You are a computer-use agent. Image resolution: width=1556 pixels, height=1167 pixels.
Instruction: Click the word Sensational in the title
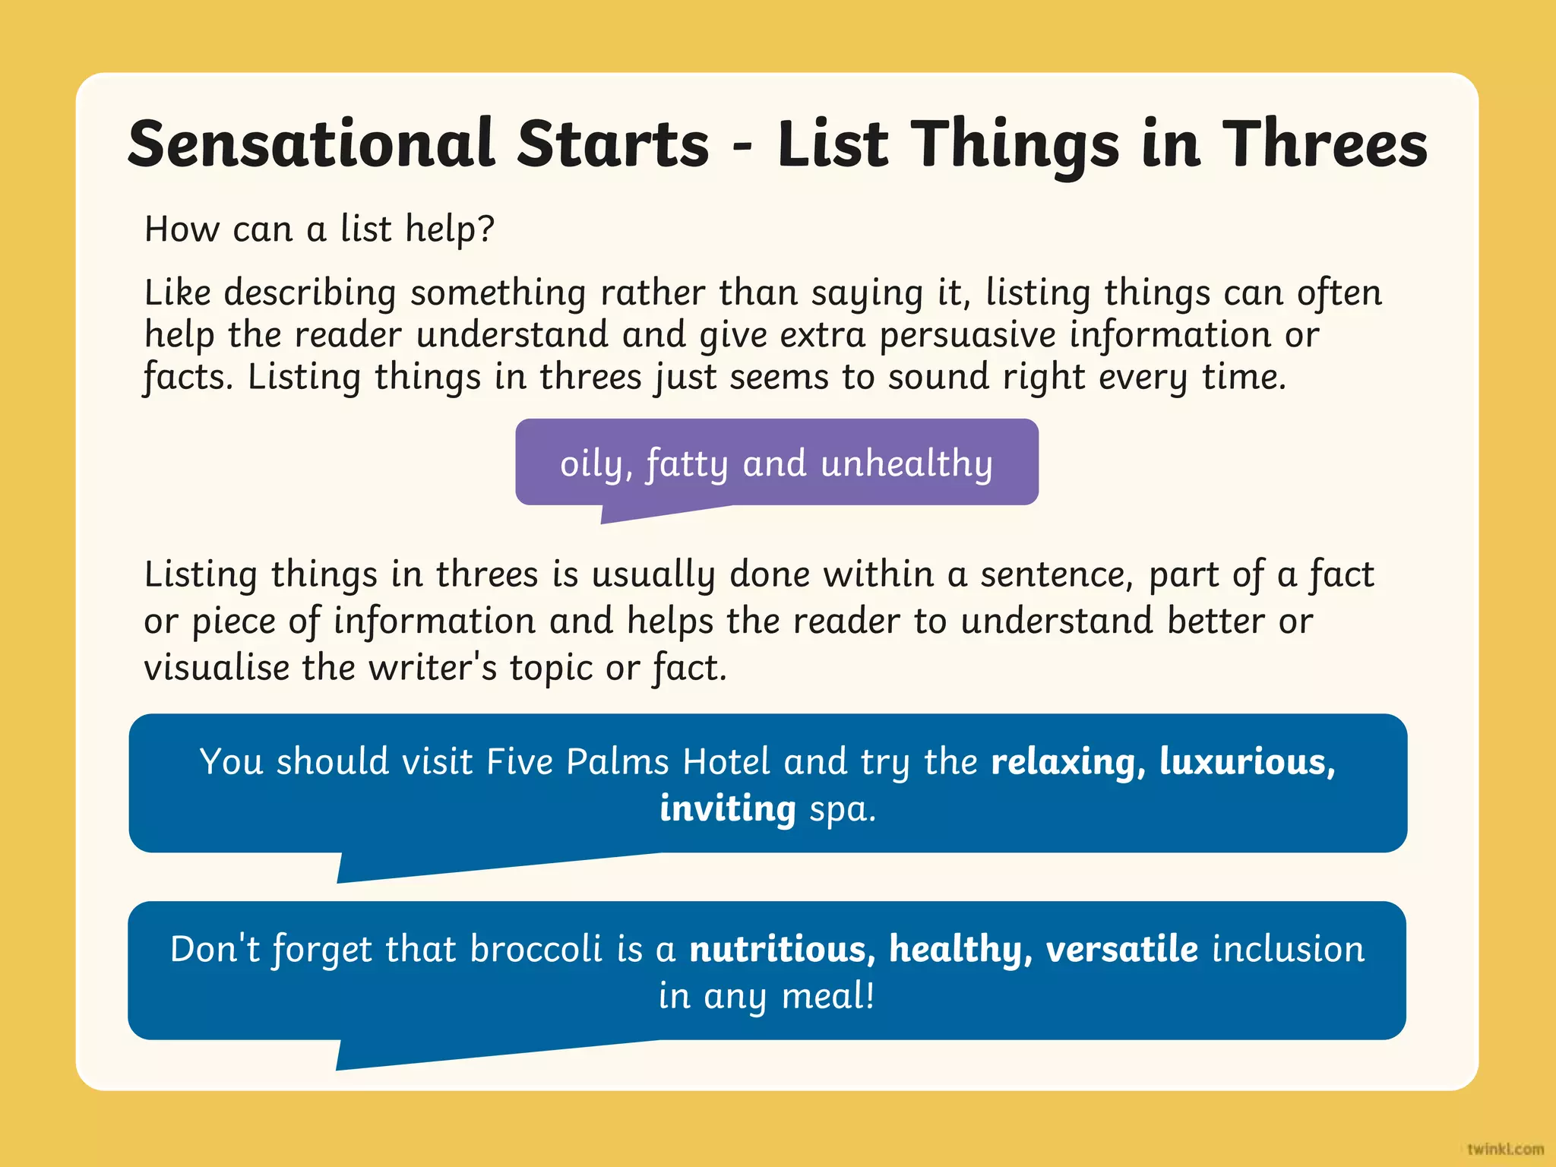tap(312, 144)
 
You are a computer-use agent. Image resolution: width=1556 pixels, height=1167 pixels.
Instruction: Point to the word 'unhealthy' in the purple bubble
tap(906, 463)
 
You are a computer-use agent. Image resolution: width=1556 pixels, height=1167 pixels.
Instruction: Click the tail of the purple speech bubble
tap(631, 514)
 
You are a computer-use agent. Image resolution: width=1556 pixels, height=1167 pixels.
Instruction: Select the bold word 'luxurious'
tap(1246, 762)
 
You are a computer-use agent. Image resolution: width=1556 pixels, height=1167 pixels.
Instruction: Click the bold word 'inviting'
tap(727, 808)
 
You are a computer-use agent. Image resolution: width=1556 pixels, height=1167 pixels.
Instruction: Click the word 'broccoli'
tap(536, 950)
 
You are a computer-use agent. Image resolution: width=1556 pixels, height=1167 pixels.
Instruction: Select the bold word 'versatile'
tap(1121, 950)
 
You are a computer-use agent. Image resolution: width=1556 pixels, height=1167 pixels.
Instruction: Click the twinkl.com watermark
tap(1504, 1149)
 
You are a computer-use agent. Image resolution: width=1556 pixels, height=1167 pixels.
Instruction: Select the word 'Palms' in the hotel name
tap(617, 762)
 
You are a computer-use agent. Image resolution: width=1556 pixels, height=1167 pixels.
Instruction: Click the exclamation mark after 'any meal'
tap(868, 995)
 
